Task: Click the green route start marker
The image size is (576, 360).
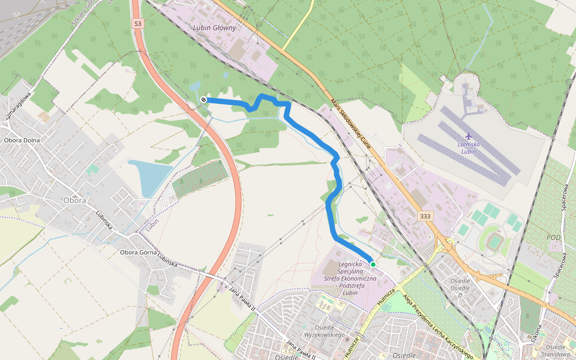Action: click(x=373, y=264)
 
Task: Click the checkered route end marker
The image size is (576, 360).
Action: click(x=204, y=100)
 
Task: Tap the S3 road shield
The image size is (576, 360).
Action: click(x=138, y=23)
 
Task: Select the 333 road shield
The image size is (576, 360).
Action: click(x=425, y=216)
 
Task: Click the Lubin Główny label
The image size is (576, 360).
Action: click(x=215, y=28)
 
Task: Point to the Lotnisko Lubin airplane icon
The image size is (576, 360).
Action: click(x=469, y=135)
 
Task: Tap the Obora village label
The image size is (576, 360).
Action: click(x=74, y=200)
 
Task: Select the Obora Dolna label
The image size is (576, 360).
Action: click(x=22, y=140)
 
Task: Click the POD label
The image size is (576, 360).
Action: click(x=554, y=238)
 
